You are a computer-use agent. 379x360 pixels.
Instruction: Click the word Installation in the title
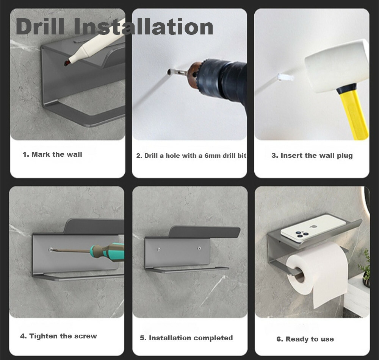[144, 26]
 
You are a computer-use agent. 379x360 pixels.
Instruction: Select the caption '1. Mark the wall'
[52, 154]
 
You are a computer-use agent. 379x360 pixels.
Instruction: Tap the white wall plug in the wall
[286, 78]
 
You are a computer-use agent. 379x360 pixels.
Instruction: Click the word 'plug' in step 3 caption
[345, 156]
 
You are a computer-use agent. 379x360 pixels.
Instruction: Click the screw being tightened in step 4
[51, 249]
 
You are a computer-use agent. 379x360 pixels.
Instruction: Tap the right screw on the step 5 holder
[199, 248]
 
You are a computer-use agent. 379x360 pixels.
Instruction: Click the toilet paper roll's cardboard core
[299, 275]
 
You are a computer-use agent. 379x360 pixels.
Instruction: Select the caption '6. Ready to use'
[305, 339]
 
